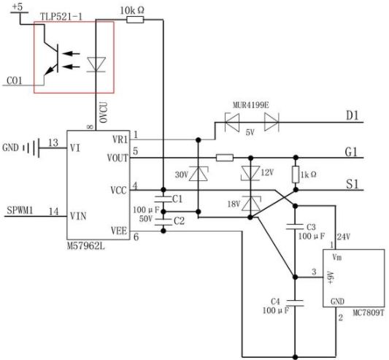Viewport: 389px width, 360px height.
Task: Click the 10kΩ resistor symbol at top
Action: tap(135, 20)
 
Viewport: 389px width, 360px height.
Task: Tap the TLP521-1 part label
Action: tap(61, 17)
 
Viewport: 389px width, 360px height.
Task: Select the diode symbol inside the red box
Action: tap(96, 64)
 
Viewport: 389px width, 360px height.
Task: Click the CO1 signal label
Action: tap(14, 81)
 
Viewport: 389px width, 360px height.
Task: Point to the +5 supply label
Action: tap(17, 7)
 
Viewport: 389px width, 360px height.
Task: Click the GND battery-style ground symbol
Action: tap(31, 148)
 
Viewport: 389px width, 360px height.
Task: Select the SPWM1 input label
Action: tap(20, 210)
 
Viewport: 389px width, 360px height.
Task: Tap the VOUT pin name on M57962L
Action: tap(118, 158)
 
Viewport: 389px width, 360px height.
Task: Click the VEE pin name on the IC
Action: tap(119, 231)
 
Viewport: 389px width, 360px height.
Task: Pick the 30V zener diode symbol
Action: tap(199, 174)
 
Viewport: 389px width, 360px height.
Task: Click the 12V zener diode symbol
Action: tap(250, 173)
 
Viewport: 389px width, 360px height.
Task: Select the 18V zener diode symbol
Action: tap(251, 204)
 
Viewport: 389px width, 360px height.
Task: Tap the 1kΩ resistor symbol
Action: tap(296, 175)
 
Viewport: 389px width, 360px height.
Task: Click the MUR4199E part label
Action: tap(250, 105)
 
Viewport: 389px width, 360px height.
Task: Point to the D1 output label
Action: tap(352, 115)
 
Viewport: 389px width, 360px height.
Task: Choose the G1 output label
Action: tap(351, 152)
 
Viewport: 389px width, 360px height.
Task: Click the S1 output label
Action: tap(353, 184)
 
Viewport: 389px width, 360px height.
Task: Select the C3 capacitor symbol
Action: tap(296, 226)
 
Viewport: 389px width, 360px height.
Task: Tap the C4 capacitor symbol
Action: tap(296, 302)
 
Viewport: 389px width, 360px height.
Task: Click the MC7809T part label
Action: tap(369, 313)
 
